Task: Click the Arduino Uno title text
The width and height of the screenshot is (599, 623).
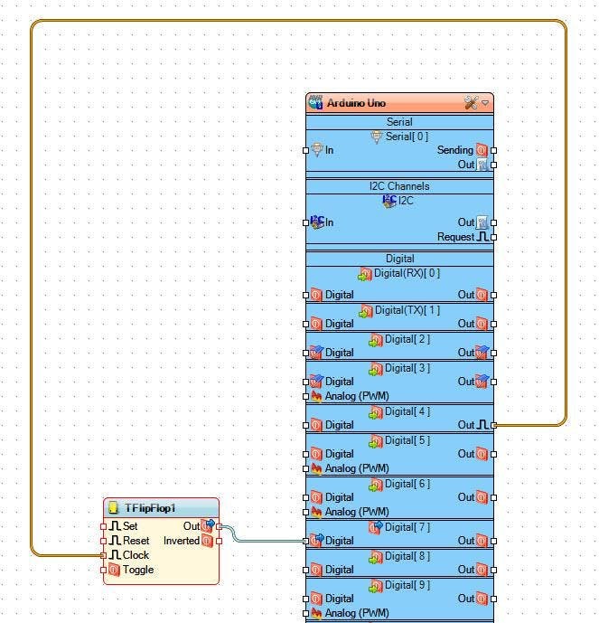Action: click(x=357, y=103)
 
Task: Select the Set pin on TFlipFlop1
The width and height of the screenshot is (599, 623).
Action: click(x=130, y=525)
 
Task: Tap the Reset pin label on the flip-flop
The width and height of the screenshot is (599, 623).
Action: click(x=136, y=540)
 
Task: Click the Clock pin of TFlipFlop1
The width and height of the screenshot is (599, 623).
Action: click(x=136, y=554)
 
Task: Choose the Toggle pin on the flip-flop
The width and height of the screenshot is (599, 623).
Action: click(x=137, y=569)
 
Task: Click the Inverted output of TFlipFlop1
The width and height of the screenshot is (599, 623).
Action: click(x=182, y=540)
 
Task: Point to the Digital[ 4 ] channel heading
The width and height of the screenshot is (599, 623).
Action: click(x=407, y=411)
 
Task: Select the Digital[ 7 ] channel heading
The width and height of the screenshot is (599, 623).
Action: click(x=407, y=527)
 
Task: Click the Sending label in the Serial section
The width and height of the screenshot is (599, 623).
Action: click(x=454, y=150)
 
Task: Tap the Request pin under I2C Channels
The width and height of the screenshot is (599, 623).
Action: click(x=455, y=237)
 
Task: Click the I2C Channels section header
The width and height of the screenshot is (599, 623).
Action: click(x=399, y=186)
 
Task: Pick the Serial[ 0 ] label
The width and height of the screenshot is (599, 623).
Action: click(x=406, y=137)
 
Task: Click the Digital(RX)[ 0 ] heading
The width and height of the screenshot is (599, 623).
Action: click(x=407, y=273)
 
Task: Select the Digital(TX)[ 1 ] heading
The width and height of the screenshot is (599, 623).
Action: click(x=407, y=310)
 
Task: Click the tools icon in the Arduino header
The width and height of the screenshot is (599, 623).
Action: click(x=470, y=103)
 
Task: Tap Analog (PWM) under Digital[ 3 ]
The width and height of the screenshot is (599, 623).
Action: click(x=357, y=396)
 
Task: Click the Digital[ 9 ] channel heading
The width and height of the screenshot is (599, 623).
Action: click(x=407, y=585)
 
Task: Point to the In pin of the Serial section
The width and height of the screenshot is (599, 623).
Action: click(x=329, y=150)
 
